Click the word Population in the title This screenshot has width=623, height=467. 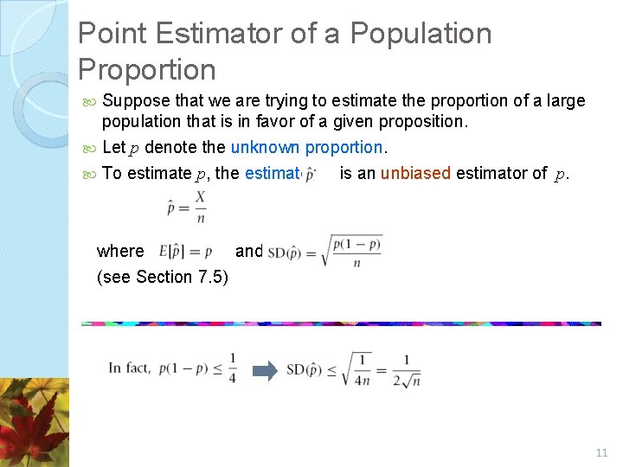420,34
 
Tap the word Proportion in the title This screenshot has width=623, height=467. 146,70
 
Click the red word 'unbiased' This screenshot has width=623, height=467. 415,173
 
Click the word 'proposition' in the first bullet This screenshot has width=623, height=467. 421,122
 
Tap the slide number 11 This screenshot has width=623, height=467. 601,453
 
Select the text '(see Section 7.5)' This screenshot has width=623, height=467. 162,277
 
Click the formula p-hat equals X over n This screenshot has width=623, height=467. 186,208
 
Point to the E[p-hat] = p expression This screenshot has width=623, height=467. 186,252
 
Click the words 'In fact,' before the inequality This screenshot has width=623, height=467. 130,368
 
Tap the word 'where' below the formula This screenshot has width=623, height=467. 120,252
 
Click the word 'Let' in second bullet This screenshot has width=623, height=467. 113,148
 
